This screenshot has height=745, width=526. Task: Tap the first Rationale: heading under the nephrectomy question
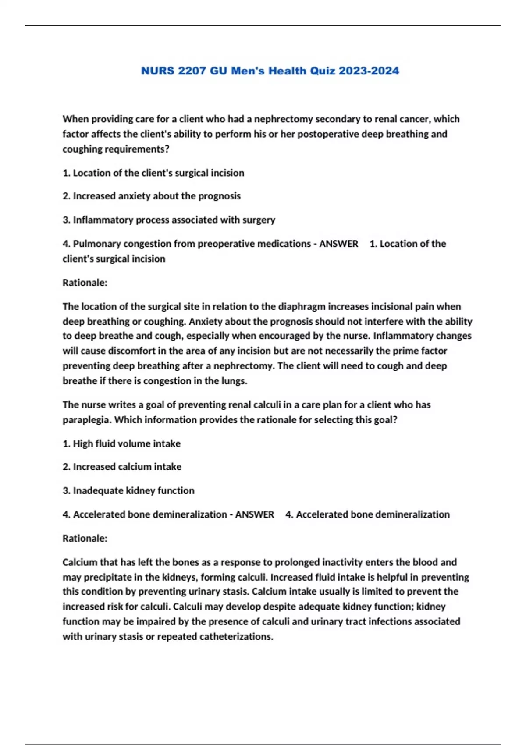[85, 283]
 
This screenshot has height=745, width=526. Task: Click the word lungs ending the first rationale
[235, 381]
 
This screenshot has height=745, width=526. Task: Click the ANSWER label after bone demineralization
[255, 514]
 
